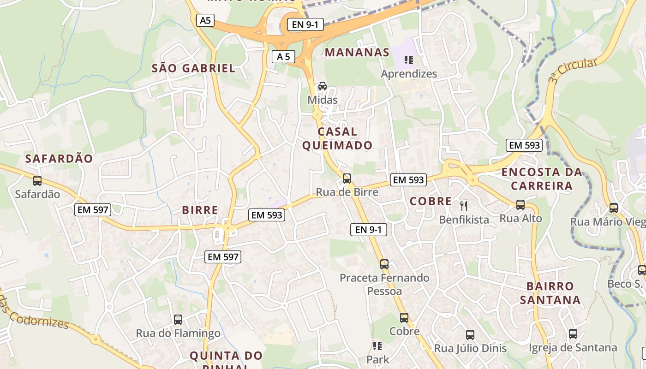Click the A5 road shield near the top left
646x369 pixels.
coord(205,20)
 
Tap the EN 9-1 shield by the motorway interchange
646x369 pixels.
coord(305,25)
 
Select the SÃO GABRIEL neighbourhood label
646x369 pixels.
coord(194,69)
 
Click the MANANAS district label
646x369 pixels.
coord(357,53)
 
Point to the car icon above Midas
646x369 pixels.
coord(323,86)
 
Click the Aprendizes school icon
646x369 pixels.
coord(408,60)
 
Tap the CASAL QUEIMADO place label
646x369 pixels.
coord(337,138)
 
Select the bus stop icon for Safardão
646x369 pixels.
coord(37,181)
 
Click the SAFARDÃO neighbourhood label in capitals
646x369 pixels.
coord(59,159)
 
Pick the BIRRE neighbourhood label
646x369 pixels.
coord(200,210)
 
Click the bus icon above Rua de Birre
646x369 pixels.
coord(347,179)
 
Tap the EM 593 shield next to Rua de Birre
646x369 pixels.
coord(408,180)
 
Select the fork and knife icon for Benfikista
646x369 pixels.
coord(464,206)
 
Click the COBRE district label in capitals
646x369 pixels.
coord(431,201)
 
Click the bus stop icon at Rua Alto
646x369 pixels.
coord(520,204)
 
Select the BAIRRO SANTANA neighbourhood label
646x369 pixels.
coord(550,293)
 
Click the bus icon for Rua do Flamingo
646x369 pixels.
coord(178,319)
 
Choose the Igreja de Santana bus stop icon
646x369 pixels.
coord(573,333)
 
